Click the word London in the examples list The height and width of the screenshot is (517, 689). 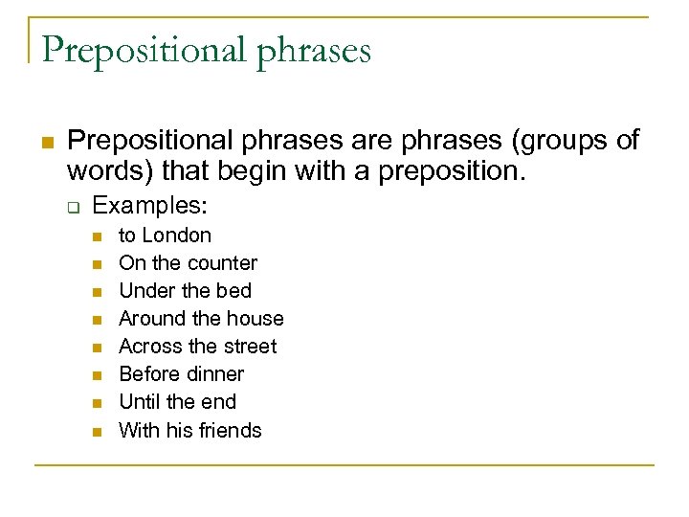coord(177,236)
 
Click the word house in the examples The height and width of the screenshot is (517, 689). coord(254,319)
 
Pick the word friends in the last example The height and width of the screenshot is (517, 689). coord(230,430)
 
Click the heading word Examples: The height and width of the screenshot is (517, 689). coord(150,206)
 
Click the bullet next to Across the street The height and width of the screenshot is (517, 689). coord(97,348)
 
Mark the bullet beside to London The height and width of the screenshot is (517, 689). coord(97,236)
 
